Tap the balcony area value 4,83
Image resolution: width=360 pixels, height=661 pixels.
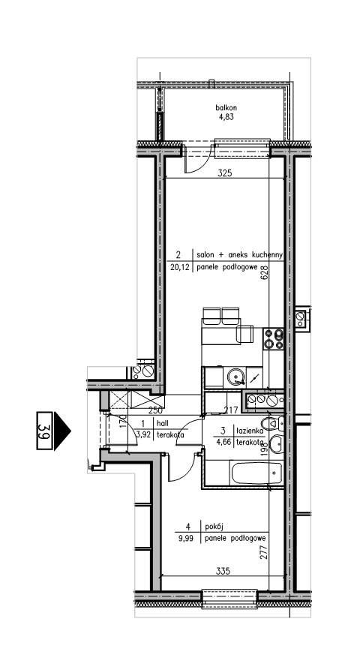point(226,117)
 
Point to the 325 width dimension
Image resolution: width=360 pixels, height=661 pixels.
point(225,173)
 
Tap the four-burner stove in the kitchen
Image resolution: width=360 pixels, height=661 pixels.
point(274,339)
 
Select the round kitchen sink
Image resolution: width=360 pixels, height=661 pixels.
point(235,377)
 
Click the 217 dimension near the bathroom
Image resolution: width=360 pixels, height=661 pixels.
point(232,410)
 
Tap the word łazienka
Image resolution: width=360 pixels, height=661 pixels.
point(250,431)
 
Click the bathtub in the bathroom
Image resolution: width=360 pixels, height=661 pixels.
point(256,473)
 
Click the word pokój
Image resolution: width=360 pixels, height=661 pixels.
point(213,527)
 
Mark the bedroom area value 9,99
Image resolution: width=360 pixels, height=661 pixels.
point(185,538)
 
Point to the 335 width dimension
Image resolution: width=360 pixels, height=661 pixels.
point(223,571)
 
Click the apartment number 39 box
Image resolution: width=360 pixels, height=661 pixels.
point(45,431)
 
